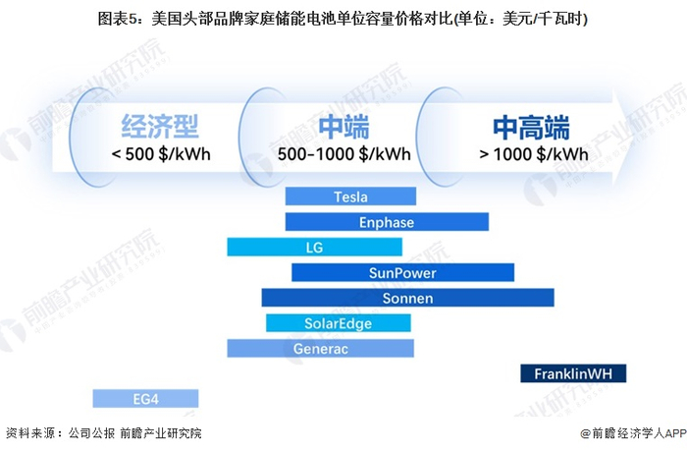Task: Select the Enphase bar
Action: coord(387,222)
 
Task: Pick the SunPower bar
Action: coord(402,272)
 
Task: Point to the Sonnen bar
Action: coord(388,298)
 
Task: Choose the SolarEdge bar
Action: coord(338,323)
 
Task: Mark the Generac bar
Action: coord(320,349)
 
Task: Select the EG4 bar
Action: coord(145,398)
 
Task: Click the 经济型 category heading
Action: coord(160,127)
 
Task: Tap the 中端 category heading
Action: coord(343,127)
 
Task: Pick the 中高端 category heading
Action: coord(531,127)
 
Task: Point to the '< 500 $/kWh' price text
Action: coord(160,154)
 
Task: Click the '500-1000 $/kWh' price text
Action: coord(343,154)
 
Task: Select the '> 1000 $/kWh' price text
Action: coord(533,154)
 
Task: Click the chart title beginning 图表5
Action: coord(343,19)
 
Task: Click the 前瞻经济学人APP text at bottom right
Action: coord(628,433)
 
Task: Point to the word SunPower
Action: coord(402,272)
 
